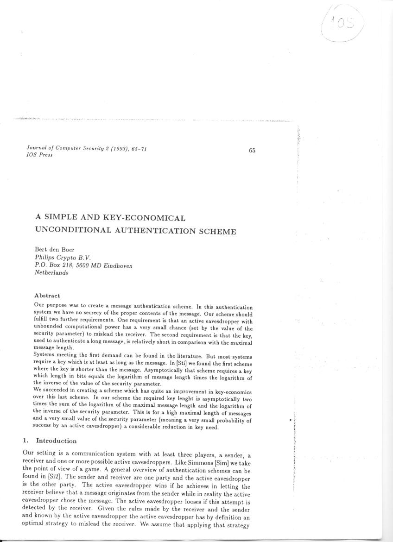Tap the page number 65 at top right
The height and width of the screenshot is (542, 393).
point(252,150)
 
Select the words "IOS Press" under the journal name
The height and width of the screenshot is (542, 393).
point(39,155)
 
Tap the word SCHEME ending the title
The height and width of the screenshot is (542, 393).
point(218,231)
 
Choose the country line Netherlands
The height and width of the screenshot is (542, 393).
point(51,273)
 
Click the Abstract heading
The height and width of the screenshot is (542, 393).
point(47,295)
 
